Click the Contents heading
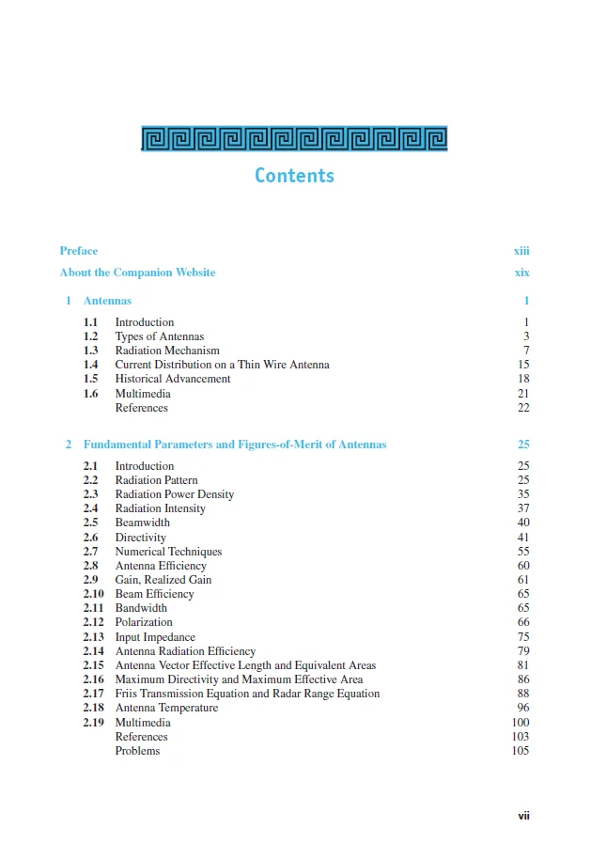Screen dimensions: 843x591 click(x=294, y=176)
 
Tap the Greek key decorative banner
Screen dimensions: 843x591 click(x=294, y=138)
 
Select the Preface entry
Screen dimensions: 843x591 click(x=79, y=251)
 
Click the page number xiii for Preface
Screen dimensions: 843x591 click(x=521, y=251)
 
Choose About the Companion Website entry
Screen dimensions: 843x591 click(x=137, y=273)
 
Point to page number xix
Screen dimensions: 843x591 click(x=521, y=273)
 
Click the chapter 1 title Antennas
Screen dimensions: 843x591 click(x=107, y=301)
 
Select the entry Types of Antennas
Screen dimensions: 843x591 click(x=159, y=336)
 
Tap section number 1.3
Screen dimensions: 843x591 click(x=90, y=351)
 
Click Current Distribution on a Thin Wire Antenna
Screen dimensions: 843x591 click(x=222, y=365)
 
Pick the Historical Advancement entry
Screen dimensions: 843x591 click(x=172, y=379)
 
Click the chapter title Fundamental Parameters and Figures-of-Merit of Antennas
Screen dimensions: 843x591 click(x=235, y=445)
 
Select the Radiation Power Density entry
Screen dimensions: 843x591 click(x=175, y=494)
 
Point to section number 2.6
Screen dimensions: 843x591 click(x=90, y=538)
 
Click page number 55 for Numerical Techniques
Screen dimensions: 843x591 click(x=523, y=552)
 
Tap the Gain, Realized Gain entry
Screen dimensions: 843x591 click(x=163, y=580)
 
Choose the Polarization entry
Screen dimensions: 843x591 click(x=144, y=622)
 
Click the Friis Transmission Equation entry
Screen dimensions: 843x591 click(x=247, y=694)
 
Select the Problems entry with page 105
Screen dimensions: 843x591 click(x=137, y=751)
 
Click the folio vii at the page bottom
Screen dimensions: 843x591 click(x=523, y=816)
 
